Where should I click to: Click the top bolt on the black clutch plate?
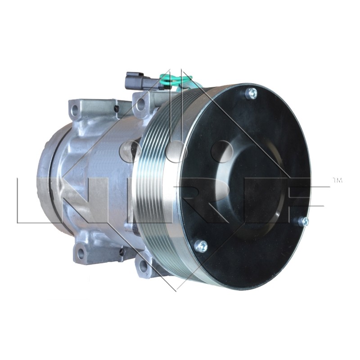click(x=251, y=94)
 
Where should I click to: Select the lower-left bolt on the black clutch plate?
click(x=201, y=246)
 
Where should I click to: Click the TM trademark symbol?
click(x=337, y=180)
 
